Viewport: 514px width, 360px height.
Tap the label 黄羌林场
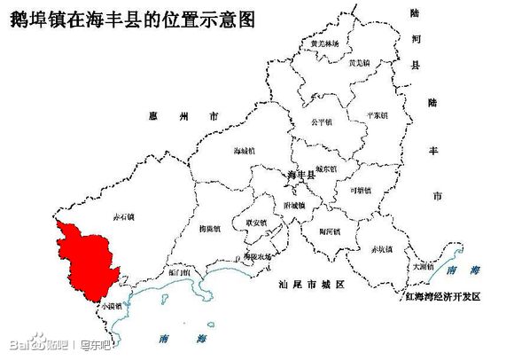(324, 43)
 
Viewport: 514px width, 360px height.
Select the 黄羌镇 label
(358, 63)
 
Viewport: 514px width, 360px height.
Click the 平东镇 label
(378, 116)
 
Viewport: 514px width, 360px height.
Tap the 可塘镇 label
(362, 190)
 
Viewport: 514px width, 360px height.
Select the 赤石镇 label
(122, 216)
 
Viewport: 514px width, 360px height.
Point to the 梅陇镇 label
(210, 228)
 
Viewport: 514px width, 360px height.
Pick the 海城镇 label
(245, 151)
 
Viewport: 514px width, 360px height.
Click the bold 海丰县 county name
(301, 176)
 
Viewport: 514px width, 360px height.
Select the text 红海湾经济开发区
(442, 297)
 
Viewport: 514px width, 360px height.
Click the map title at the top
(131, 20)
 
